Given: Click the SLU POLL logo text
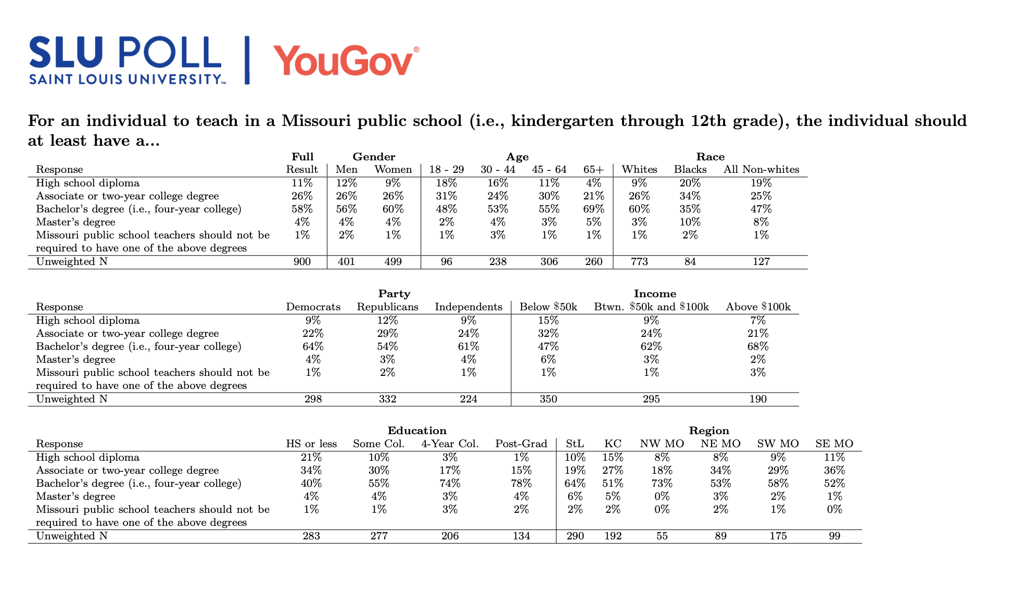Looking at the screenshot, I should click(x=125, y=53).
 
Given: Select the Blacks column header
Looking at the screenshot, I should click(x=690, y=170).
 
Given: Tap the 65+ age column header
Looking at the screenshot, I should click(x=593, y=170).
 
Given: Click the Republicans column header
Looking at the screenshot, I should click(x=387, y=307).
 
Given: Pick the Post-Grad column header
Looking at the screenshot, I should click(x=521, y=444).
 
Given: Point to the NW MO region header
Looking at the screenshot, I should click(x=662, y=444).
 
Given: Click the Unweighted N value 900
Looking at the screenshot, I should click(x=302, y=262).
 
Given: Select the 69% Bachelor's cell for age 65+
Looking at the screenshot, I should click(x=593, y=209).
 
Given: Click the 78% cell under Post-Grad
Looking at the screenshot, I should click(x=521, y=484).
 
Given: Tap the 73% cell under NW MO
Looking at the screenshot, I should click(x=662, y=484).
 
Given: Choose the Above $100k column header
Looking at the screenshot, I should click(x=758, y=307).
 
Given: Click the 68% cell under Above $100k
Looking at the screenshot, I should click(x=758, y=347).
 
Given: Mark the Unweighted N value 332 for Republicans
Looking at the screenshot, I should click(x=387, y=399).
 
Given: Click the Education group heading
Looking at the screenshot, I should click(x=417, y=431).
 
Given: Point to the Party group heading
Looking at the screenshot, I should click(x=394, y=294).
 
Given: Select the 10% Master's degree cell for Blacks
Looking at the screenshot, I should click(x=690, y=222).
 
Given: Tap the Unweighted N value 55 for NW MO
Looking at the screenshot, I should click(x=662, y=536).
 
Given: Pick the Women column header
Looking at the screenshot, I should click(x=393, y=170).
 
